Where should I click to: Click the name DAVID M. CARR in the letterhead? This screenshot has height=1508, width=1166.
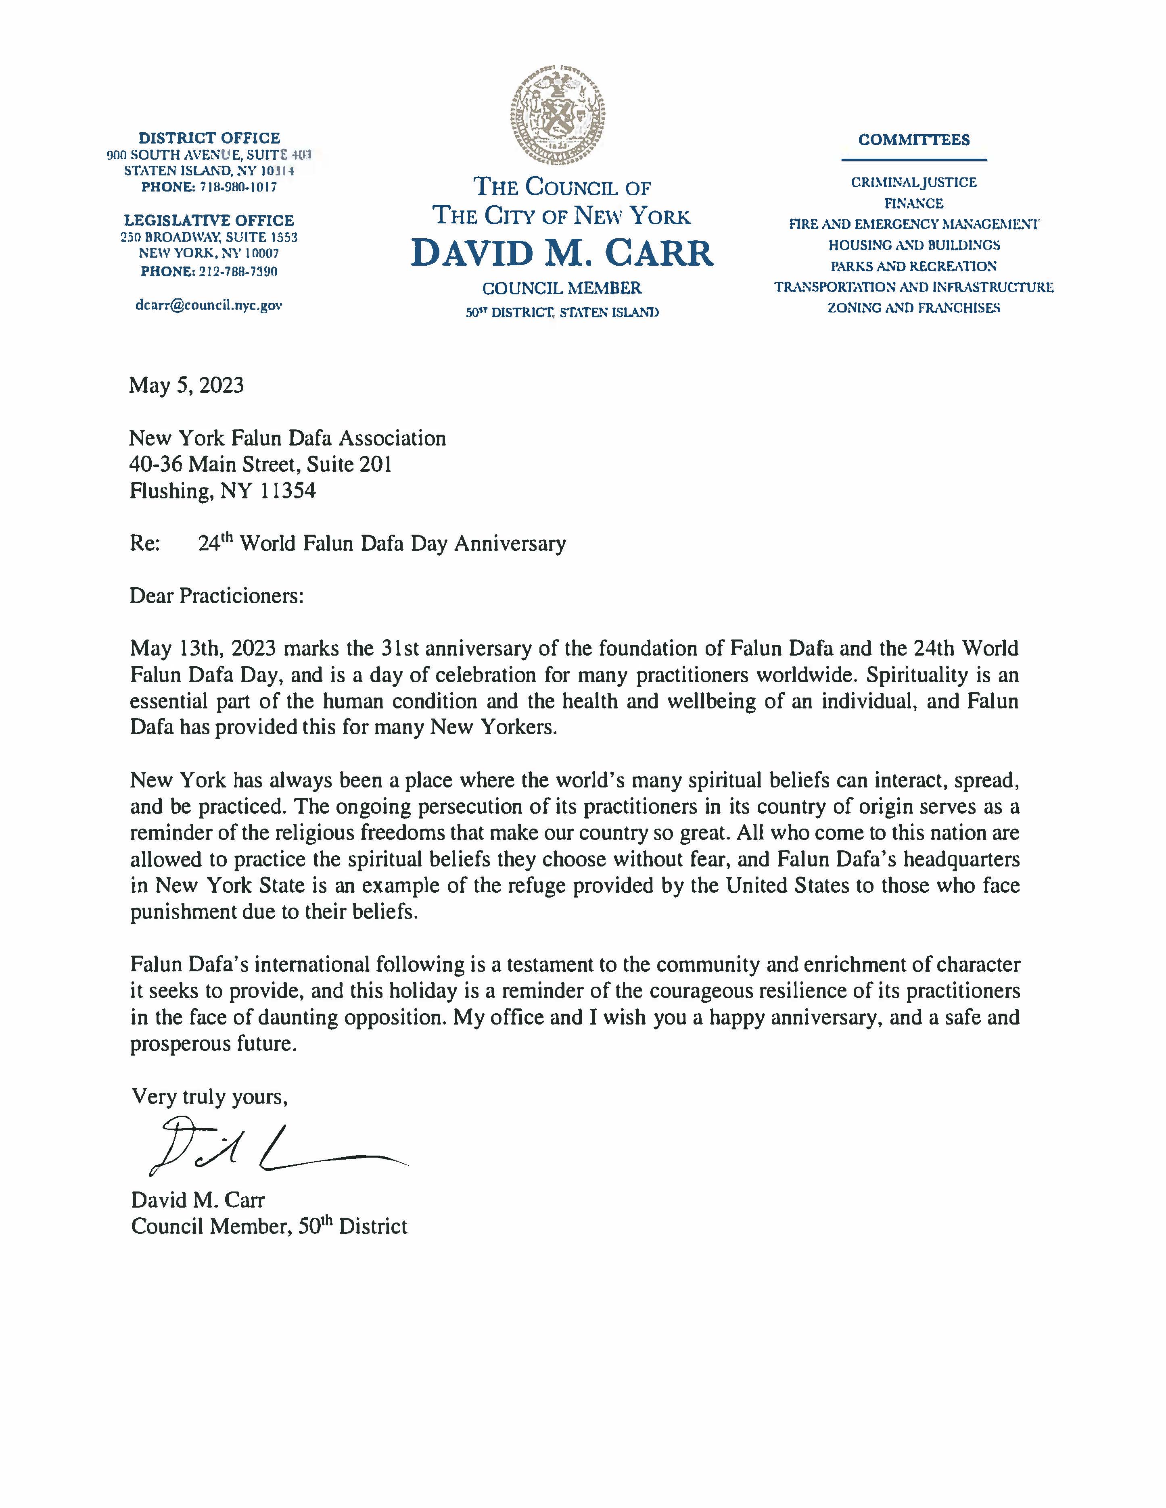[x=562, y=253]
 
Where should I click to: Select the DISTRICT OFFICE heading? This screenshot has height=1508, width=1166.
[x=209, y=138]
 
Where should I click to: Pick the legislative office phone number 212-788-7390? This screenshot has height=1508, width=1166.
[x=238, y=271]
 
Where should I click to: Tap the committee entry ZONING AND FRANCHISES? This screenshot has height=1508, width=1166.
[x=914, y=308]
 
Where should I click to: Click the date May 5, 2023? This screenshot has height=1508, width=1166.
[x=186, y=385]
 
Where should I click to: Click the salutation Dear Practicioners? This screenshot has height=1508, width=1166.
[x=216, y=596]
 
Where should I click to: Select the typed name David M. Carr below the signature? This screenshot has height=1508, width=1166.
[x=198, y=1200]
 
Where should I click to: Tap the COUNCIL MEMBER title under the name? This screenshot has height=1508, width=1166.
[x=562, y=288]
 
